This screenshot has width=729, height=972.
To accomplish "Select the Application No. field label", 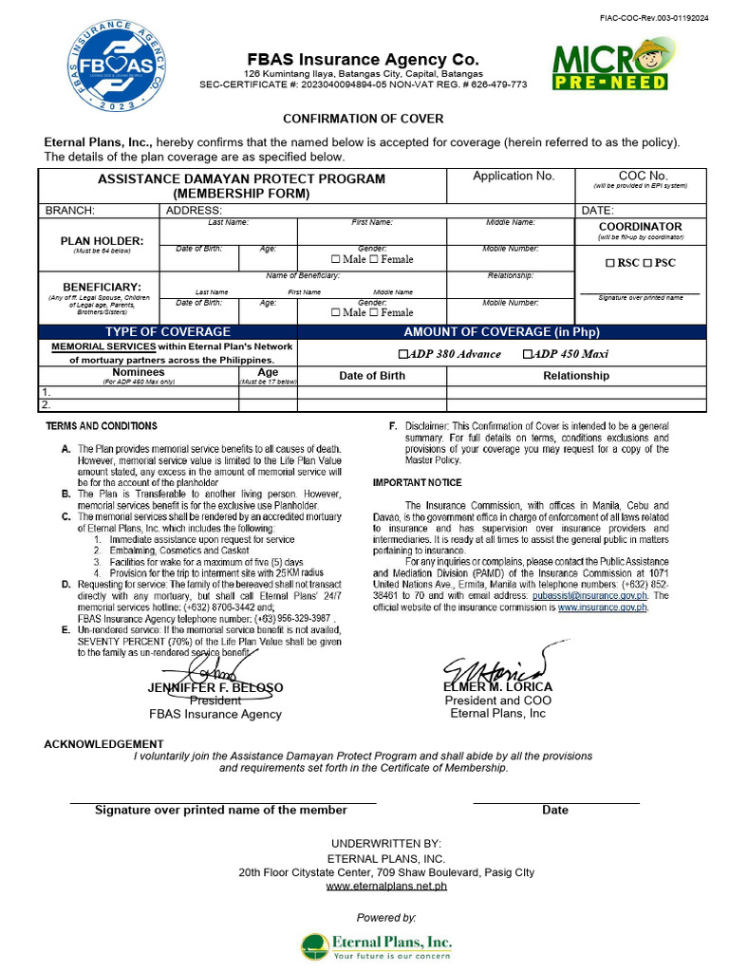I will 513,176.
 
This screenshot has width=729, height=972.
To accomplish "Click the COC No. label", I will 643,176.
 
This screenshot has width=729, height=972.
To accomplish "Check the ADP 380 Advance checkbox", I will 403,354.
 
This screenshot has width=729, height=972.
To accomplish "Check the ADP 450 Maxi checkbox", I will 528,354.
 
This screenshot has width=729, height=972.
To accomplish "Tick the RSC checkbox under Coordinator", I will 610,263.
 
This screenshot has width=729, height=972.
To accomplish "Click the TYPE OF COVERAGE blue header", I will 167,331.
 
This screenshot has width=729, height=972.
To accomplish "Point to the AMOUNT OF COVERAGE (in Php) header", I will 501,331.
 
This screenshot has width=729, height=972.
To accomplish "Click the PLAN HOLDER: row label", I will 102,241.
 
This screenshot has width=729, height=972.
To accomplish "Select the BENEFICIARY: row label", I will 102,286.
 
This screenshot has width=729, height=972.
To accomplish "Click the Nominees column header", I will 139,372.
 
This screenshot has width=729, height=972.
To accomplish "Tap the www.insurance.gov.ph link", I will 602,607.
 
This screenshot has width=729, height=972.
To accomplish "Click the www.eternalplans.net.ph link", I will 386,886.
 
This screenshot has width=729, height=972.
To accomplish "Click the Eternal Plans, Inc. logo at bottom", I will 377,945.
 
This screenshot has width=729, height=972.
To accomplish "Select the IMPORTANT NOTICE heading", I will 417,483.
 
